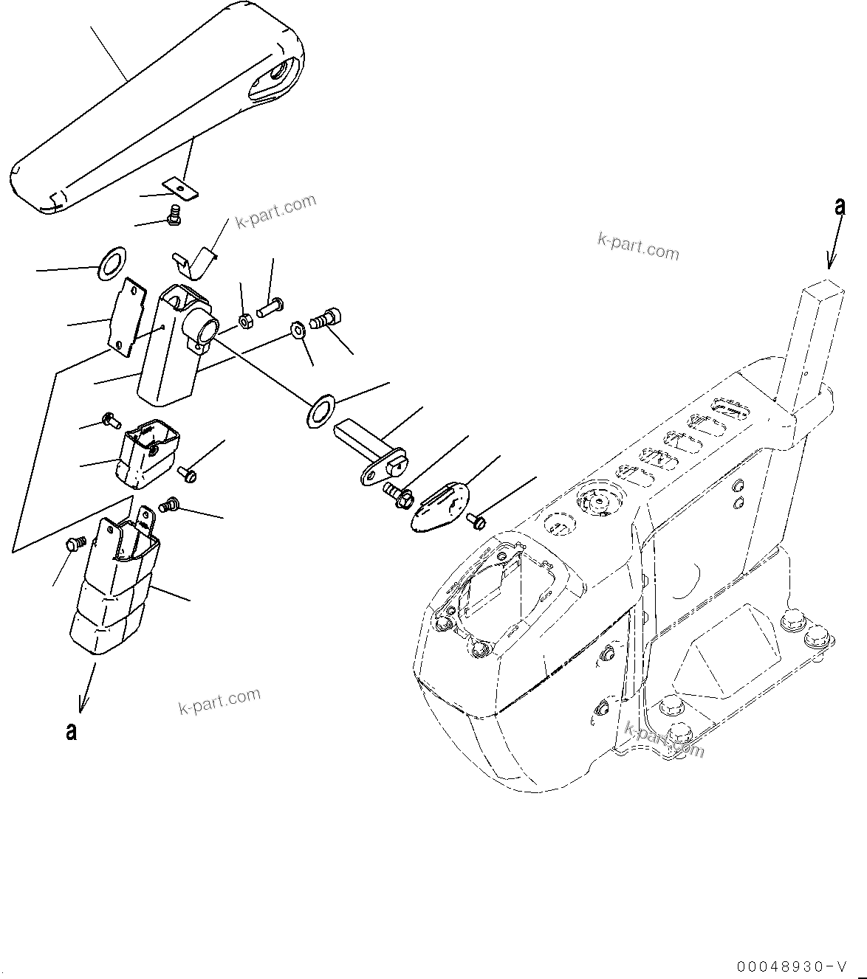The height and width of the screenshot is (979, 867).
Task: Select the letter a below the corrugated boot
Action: tap(71, 732)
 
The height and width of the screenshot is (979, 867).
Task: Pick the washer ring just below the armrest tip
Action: tap(112, 264)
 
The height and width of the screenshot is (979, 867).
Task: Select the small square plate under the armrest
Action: tap(184, 190)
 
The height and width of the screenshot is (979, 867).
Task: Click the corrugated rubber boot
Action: tap(114, 590)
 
